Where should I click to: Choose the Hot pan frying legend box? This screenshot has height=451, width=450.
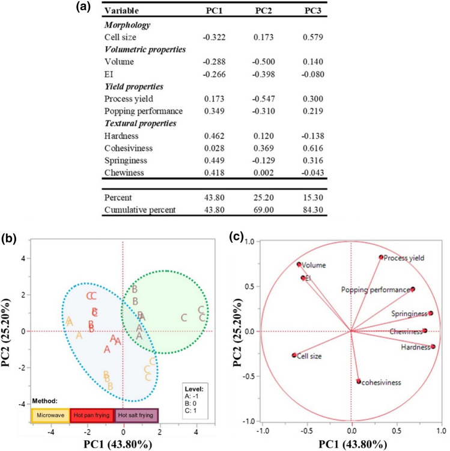pyautogui.click(x=93, y=415)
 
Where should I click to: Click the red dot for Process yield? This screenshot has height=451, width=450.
pyautogui.click(x=381, y=257)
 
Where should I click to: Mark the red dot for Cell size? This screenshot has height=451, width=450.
pyautogui.click(x=294, y=355)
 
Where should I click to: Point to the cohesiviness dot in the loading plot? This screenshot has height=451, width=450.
pyautogui.click(x=359, y=381)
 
